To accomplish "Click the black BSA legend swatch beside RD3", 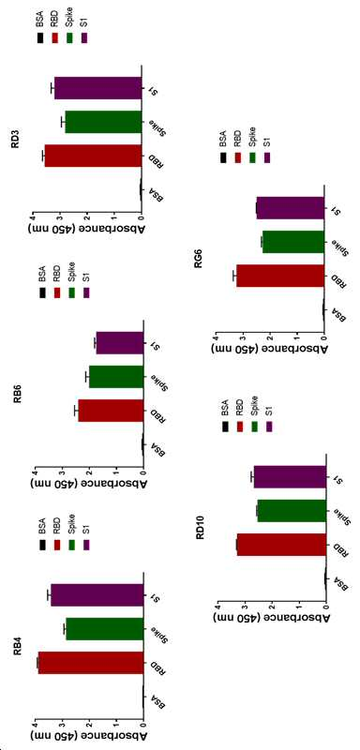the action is coord(40,37).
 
